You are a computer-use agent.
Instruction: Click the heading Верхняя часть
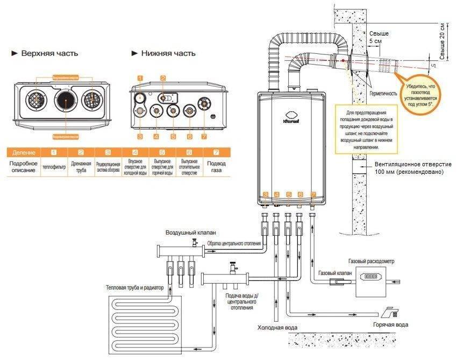[49, 54]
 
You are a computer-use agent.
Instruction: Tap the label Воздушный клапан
[191, 232]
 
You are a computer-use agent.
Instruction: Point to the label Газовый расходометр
[371, 261]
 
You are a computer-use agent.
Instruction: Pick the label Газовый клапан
[335, 273]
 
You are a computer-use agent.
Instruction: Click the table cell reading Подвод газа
[216, 166]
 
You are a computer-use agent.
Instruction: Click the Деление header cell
[24, 152]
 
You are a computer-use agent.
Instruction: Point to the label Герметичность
[383, 94]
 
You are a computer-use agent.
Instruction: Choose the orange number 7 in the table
[217, 152]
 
